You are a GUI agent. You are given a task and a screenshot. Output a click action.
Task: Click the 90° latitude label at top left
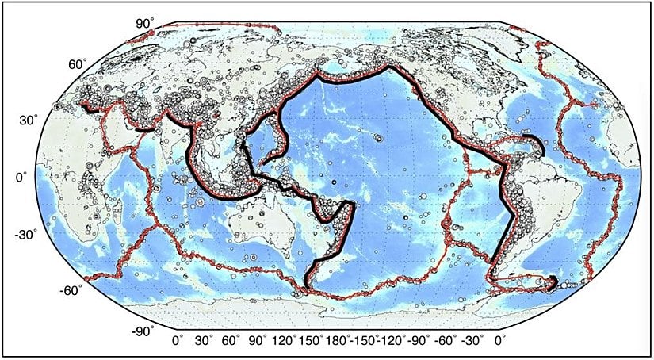pyautogui.click(x=143, y=24)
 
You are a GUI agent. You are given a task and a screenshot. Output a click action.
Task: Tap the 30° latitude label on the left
pyautogui.click(x=29, y=121)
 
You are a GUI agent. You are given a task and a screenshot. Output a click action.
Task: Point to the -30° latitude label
pyautogui.click(x=29, y=235)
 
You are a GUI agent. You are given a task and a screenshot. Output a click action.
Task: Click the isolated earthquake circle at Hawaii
pyautogui.click(x=379, y=138)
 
